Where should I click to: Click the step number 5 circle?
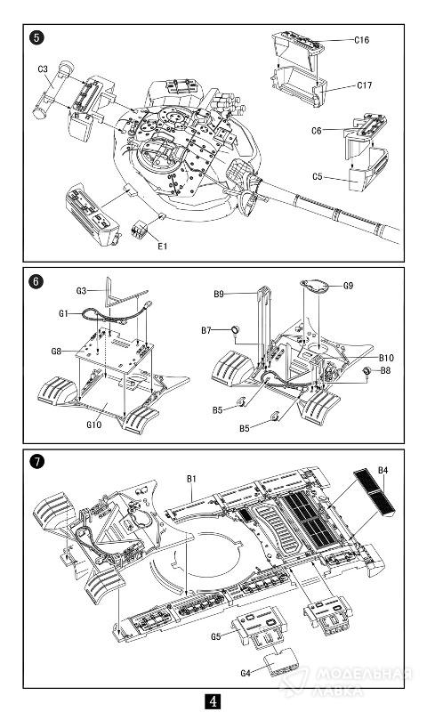pyautogui.click(x=36, y=37)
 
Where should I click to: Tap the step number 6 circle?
pyautogui.click(x=36, y=281)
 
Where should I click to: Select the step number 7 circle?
pyautogui.click(x=36, y=463)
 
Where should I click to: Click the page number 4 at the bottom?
pyautogui.click(x=213, y=701)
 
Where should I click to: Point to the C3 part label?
pyautogui.click(x=43, y=69)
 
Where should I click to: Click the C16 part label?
pyautogui.click(x=362, y=40)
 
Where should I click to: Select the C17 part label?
pyautogui.click(x=365, y=85)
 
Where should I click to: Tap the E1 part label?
pyautogui.click(x=163, y=247)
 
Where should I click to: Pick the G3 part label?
pyautogui.click(x=81, y=291)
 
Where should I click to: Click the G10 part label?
pyautogui.click(x=94, y=425)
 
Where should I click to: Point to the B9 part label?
pyautogui.click(x=219, y=295)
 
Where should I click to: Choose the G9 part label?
pyautogui.click(x=348, y=286)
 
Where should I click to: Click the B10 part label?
pyautogui.click(x=387, y=358)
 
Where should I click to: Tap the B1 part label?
pyautogui.click(x=191, y=479)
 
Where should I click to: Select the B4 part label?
pyautogui.click(x=383, y=471)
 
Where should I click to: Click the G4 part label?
pyautogui.click(x=246, y=674)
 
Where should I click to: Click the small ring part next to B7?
pyautogui.click(x=236, y=330)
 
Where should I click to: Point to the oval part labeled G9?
pyautogui.click(x=317, y=287)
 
